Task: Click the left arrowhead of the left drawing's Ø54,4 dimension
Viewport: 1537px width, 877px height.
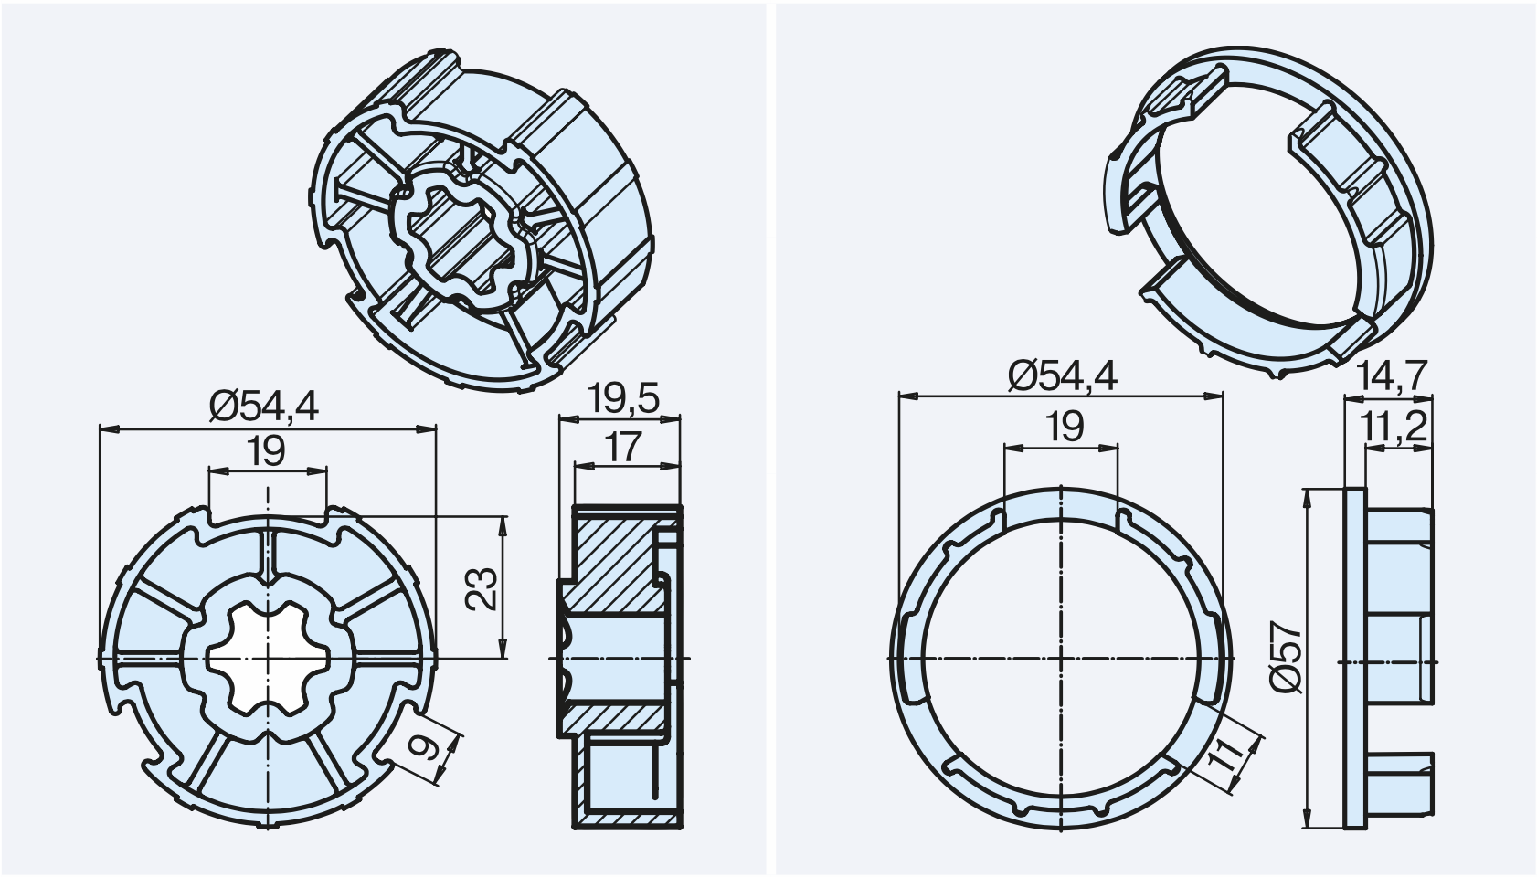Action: pyautogui.click(x=109, y=429)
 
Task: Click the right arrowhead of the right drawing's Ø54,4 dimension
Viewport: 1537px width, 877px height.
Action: pyautogui.click(x=1214, y=396)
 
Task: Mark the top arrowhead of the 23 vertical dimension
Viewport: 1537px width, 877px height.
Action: pyautogui.click(x=503, y=525)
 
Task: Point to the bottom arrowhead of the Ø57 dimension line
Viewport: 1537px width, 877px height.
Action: pyautogui.click(x=1307, y=819)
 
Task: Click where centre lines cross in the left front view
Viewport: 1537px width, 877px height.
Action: pyautogui.click(x=268, y=659)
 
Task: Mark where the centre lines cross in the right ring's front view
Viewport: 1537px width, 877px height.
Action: pyautogui.click(x=1061, y=659)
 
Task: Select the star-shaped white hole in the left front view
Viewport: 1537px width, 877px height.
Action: pyautogui.click(x=268, y=659)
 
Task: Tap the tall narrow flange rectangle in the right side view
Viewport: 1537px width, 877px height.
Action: pyautogui.click(x=1354, y=659)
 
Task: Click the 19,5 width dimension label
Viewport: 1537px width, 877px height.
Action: pyautogui.click(x=623, y=398)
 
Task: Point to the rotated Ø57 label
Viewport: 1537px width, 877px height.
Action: pyautogui.click(x=1285, y=658)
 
